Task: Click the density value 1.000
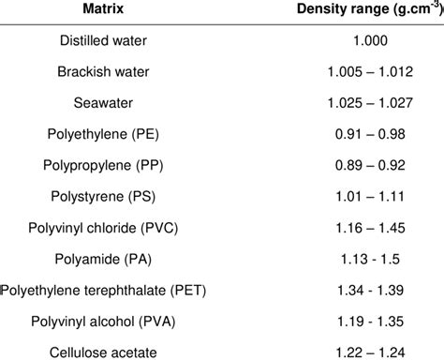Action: click(x=342, y=43)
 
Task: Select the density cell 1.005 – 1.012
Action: click(x=342, y=74)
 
